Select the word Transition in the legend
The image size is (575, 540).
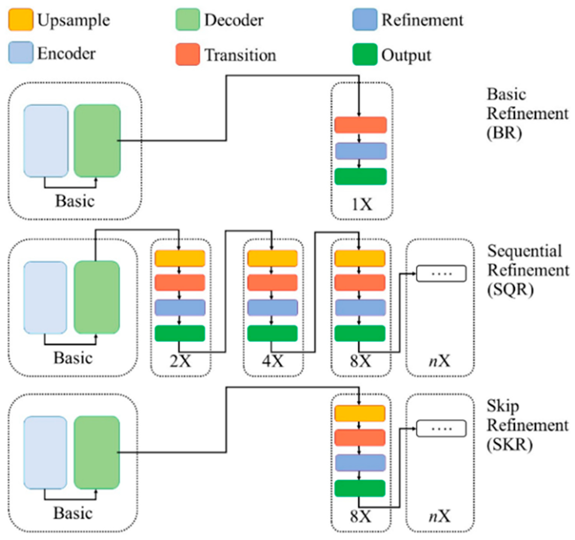(x=240, y=55)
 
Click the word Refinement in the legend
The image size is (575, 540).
(x=422, y=20)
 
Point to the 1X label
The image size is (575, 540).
(x=362, y=205)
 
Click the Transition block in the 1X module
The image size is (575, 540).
(x=360, y=125)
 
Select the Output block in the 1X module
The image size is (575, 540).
(x=360, y=176)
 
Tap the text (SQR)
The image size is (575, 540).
(x=511, y=290)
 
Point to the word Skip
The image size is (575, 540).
(x=503, y=406)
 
